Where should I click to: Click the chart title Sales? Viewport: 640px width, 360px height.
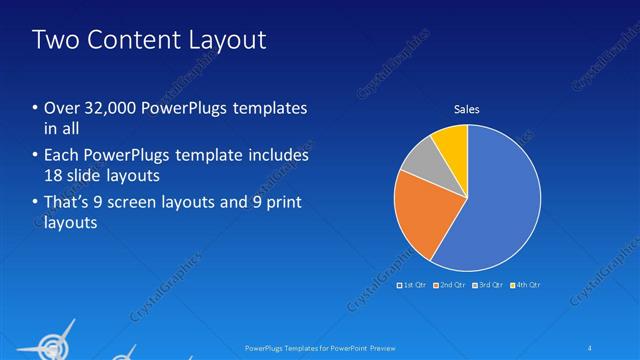466,109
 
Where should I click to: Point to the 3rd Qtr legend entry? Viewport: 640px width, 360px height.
490,285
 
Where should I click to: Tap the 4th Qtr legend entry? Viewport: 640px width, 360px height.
527,285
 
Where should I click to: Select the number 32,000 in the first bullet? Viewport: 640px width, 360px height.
101,109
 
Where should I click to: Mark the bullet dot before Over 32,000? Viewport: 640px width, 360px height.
36,109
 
